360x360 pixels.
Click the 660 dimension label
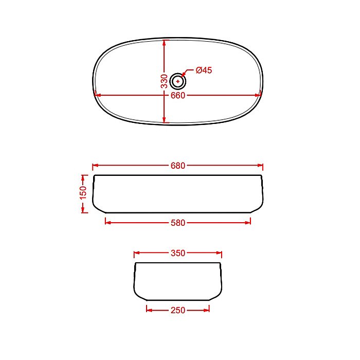coord(178,95)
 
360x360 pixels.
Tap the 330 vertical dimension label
coord(165,81)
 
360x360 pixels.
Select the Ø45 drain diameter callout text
coord(204,70)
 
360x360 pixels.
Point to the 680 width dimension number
coord(178,166)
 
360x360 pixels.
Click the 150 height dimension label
coord(83,193)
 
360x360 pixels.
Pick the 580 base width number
coord(178,223)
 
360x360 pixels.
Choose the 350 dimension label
coord(178,253)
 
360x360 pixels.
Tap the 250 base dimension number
coord(178,310)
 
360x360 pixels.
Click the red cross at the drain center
coord(178,81)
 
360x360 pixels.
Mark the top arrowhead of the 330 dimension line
coord(164,43)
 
